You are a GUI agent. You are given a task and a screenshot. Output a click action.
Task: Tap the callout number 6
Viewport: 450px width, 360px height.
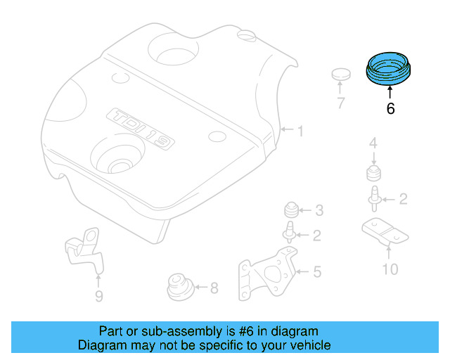coord(390,109)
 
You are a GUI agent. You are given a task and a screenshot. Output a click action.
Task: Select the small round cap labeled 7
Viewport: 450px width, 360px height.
coord(341,74)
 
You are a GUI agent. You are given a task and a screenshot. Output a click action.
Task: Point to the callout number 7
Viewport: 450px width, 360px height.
coord(341,104)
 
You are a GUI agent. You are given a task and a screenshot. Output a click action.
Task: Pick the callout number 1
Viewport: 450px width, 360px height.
coord(300,131)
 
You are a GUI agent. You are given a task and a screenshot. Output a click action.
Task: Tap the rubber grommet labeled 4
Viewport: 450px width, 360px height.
coord(374,173)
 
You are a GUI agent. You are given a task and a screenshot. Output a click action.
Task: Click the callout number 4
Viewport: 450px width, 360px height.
coord(374,144)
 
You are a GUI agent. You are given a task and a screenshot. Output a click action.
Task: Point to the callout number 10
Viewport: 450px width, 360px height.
coord(390,269)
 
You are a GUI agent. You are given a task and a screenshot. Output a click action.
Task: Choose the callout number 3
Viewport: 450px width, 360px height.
coord(319,210)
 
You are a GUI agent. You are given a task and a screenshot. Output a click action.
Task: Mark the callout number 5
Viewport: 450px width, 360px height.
coord(317,271)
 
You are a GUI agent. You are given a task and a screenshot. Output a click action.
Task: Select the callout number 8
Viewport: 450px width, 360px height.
coord(214,287)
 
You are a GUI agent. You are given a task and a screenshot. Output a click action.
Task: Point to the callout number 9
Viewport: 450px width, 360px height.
coord(98,296)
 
